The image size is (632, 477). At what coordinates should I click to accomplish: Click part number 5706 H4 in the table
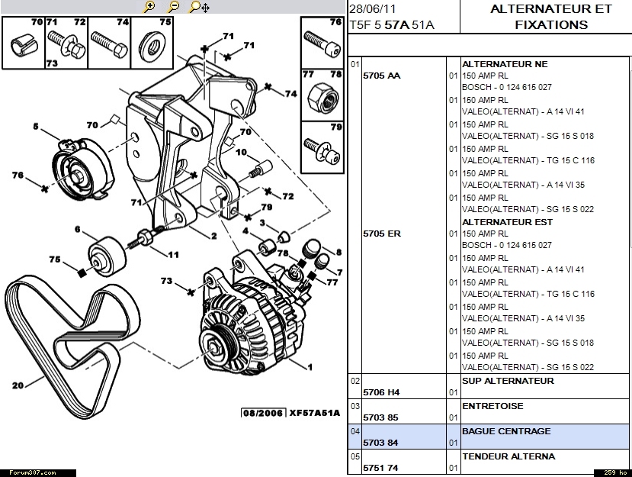[382, 392]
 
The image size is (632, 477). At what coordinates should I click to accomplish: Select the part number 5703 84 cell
[382, 443]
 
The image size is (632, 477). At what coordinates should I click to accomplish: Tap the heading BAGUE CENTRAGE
[505, 431]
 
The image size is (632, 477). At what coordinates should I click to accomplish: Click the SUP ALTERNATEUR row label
[508, 381]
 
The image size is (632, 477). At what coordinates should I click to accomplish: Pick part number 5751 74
[382, 468]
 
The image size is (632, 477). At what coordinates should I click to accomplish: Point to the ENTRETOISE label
[492, 406]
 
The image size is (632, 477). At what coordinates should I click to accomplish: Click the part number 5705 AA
[382, 76]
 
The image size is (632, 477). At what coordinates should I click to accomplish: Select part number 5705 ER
[382, 234]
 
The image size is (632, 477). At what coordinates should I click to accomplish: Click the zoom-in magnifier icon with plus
[149, 7]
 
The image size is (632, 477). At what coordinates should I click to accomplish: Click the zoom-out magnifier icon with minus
[174, 7]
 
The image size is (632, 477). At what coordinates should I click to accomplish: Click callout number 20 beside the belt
[18, 385]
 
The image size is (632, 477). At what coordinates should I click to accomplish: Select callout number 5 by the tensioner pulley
[35, 127]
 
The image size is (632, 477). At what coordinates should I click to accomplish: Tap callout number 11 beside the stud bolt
[174, 254]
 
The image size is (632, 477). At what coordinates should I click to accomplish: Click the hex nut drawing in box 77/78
[321, 95]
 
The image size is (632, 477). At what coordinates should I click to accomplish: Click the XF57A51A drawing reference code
[314, 413]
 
